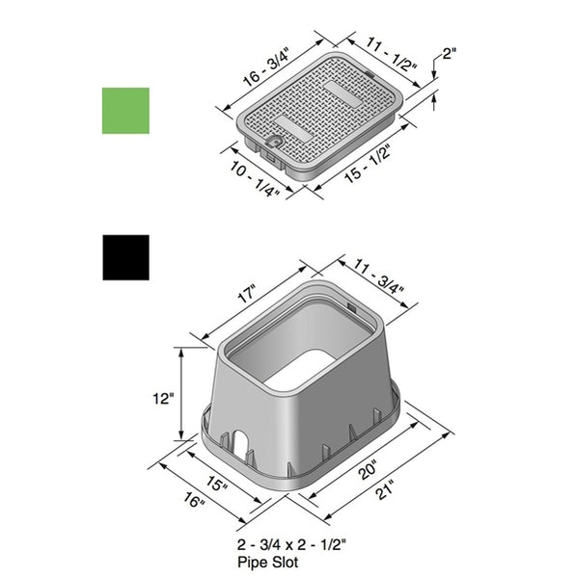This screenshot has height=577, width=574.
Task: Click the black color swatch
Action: (x=126, y=257)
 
